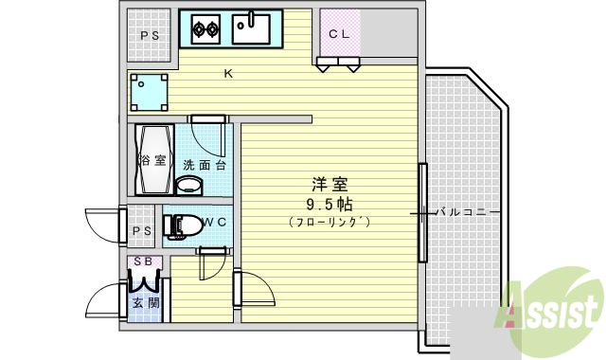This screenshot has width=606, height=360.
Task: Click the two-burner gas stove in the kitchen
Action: click(206, 29)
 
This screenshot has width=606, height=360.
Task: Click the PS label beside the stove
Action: click(150, 36)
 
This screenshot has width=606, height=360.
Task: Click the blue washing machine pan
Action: click(150, 92)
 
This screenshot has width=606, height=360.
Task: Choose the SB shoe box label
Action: click(143, 261)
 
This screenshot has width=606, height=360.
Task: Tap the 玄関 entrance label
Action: click(145, 303)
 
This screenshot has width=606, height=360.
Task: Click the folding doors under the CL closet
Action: click(339, 64)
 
